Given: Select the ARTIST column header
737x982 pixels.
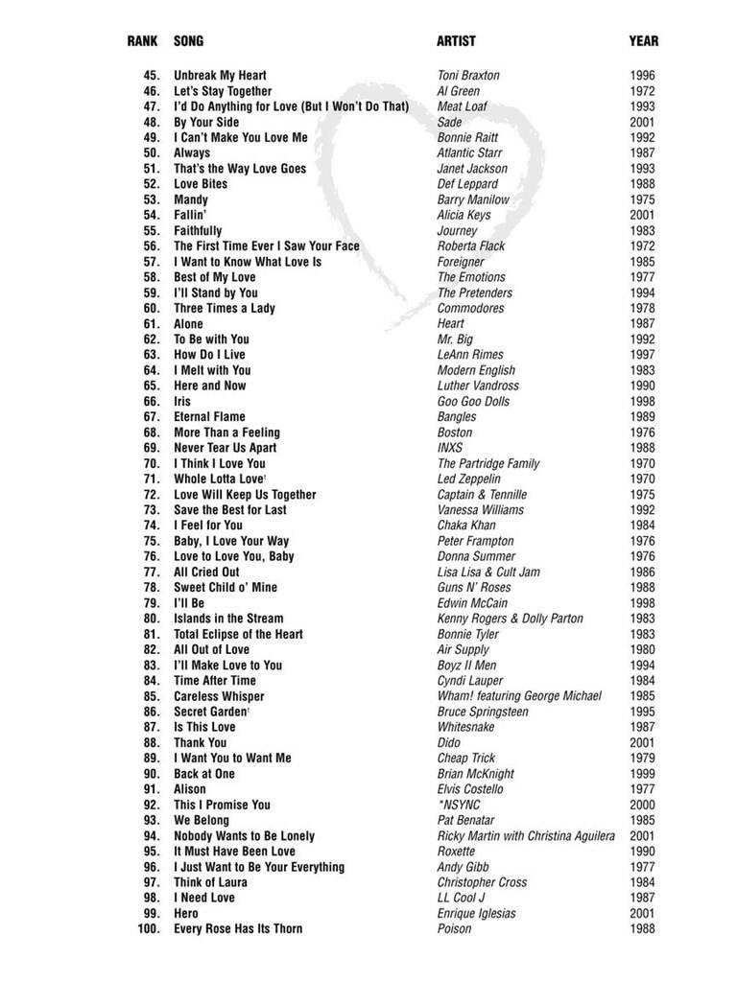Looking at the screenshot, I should point(456,41).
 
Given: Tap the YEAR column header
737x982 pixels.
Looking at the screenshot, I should point(643,41).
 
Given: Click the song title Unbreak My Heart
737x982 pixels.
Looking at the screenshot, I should point(220,76).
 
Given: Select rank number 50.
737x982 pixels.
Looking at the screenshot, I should point(151,153).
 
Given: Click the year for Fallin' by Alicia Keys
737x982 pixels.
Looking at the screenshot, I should point(642,216).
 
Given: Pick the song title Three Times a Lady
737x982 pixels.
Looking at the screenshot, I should point(224,309).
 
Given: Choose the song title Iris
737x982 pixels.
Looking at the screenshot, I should point(182,402).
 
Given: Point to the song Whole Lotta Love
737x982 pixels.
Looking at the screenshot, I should point(218,479).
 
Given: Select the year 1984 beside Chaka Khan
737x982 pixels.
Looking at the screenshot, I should point(642,526).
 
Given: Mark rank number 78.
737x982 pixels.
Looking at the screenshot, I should point(151,588).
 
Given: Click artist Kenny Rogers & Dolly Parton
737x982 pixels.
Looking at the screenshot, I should point(510,620).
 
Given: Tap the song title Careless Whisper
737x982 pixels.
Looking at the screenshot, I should point(219,697).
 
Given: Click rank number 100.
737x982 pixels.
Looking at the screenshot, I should point(148,929).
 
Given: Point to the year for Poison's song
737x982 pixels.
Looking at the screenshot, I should point(642,929).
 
